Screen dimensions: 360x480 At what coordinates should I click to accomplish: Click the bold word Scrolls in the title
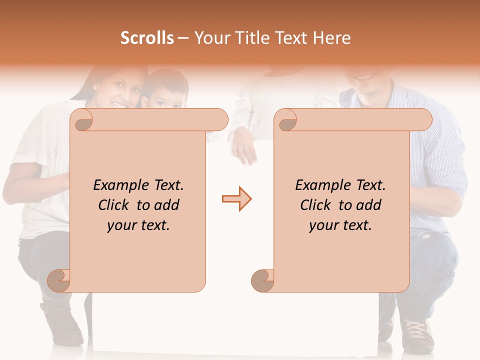coord(147,38)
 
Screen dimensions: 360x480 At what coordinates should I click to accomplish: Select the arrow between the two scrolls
coord(236,199)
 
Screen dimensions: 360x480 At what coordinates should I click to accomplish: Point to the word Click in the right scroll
coord(316,205)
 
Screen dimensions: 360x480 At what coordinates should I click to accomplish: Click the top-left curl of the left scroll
coord(82,120)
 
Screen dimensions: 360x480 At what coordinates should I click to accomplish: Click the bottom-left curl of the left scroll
coord(58,280)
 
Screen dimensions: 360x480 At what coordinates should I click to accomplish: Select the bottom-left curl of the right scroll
coord(262,280)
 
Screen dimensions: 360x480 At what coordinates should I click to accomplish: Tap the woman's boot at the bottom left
coord(62,320)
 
